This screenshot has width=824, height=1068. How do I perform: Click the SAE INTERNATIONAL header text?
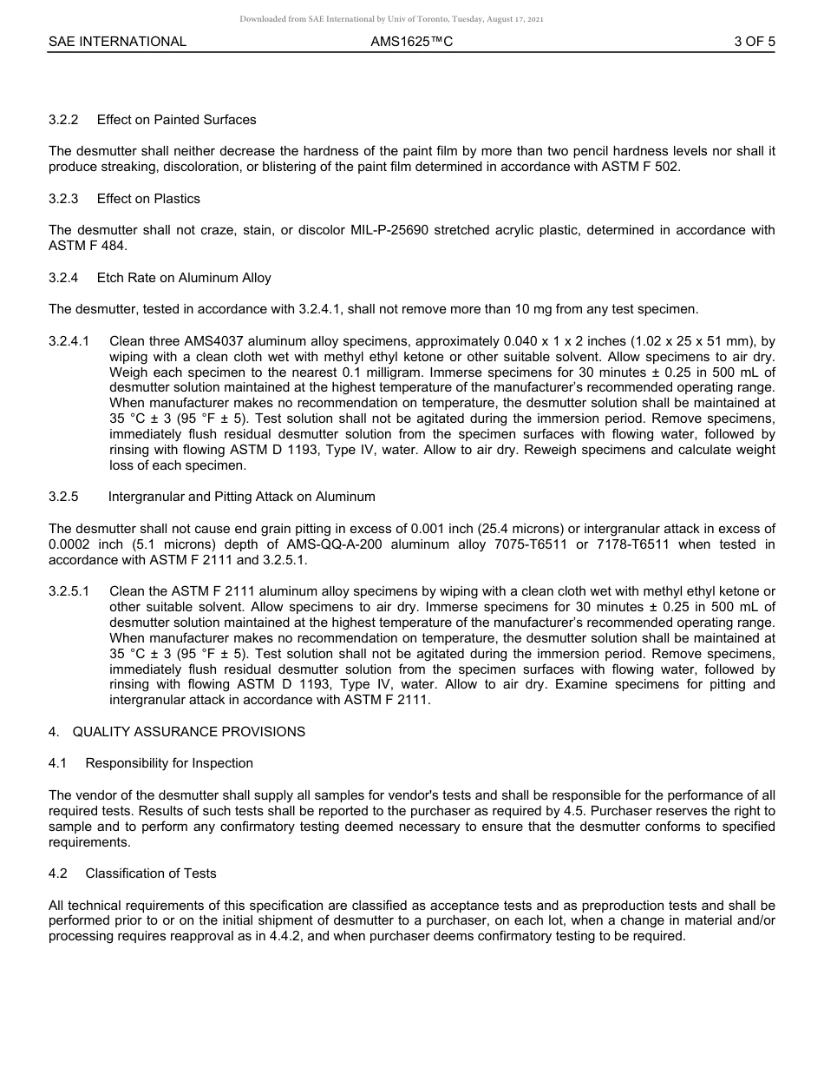117,41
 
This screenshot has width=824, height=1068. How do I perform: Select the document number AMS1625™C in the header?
411,41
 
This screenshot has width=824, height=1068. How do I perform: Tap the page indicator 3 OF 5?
754,41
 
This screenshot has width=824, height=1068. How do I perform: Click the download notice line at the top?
392,19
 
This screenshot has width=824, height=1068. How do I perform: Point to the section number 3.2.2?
63,120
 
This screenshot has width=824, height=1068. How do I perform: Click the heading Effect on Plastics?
148,199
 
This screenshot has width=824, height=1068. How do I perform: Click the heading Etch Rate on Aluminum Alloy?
184,278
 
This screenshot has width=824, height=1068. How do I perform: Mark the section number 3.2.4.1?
69,341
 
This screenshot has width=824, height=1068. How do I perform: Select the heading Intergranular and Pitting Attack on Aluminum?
242,497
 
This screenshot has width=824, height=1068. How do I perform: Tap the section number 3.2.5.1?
69,591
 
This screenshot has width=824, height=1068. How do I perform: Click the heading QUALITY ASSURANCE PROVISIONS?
188,732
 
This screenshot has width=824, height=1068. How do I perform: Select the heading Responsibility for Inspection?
169,763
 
